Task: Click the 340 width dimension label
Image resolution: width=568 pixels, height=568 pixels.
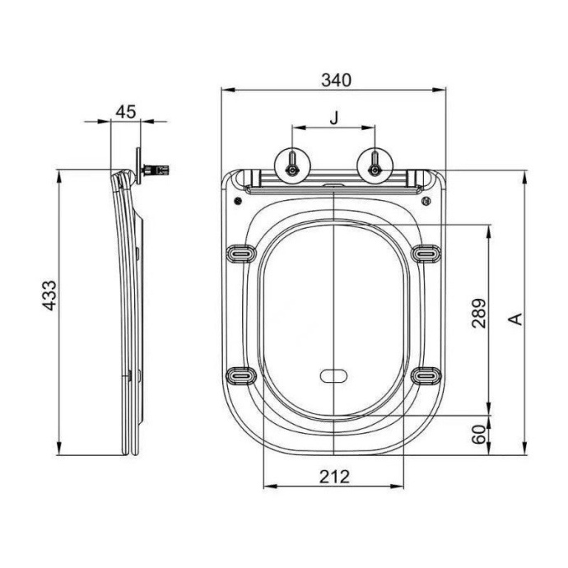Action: coord(335,80)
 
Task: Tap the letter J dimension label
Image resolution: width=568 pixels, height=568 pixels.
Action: coord(333,118)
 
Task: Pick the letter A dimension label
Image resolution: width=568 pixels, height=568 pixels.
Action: coord(515,318)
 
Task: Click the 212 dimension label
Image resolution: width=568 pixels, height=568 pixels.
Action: coord(334,476)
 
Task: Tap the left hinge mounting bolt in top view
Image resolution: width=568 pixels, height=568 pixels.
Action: coord(293,165)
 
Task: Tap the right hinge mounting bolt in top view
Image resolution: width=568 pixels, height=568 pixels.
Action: coord(375,165)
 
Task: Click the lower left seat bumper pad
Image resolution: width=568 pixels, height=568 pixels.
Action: coord(239,375)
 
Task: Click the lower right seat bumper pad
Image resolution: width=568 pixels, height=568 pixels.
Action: coord(425,375)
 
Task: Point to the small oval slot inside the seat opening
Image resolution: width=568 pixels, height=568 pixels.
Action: coord(333,375)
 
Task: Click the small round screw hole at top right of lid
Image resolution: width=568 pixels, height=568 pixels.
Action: coord(426,200)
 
